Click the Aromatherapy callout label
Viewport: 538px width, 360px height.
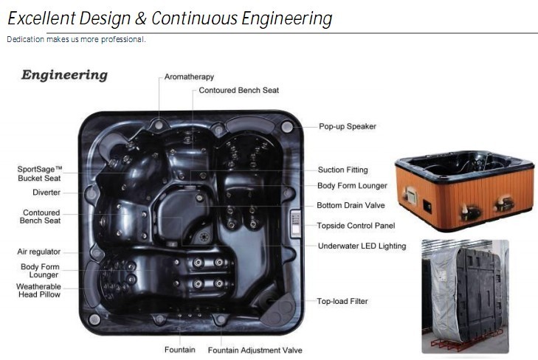tap(189, 77)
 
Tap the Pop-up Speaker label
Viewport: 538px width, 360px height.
tap(347, 126)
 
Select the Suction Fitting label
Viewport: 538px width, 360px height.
tap(342, 170)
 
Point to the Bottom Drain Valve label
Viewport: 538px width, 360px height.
tap(351, 206)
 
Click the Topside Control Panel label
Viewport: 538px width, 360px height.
tap(356, 226)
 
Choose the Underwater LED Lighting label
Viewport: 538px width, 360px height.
tap(362, 246)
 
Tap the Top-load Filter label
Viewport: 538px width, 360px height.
tap(342, 301)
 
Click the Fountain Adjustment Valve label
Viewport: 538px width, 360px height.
tap(255, 350)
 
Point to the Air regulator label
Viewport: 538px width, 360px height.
tap(38, 252)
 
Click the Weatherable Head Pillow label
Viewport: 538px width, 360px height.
tap(38, 290)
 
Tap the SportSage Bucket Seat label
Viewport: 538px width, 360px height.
tap(39, 173)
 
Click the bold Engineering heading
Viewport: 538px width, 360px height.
tap(64, 75)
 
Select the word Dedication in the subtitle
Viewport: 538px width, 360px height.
tap(26, 39)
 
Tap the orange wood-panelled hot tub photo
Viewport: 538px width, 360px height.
tap(463, 190)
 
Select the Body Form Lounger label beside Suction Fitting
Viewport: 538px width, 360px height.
tap(352, 186)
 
